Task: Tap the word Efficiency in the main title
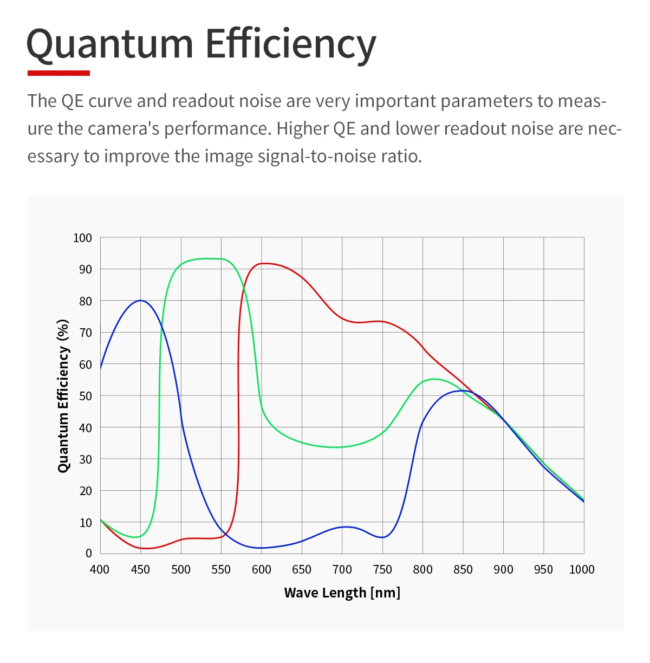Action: click(290, 44)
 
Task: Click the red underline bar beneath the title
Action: click(58, 73)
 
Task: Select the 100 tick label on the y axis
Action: click(82, 238)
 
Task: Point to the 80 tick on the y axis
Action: click(86, 301)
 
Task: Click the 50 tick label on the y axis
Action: click(86, 396)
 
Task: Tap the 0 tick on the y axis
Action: click(88, 553)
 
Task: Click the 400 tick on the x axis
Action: click(100, 569)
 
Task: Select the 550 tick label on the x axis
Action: click(221, 569)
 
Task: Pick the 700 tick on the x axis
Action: click(342, 569)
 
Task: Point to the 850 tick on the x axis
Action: click(463, 569)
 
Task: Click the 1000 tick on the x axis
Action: click(582, 569)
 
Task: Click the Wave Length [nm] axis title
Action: click(342, 593)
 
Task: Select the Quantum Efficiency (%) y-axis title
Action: click(63, 396)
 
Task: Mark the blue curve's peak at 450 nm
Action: click(141, 300)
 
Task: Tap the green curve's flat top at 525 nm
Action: click(201, 259)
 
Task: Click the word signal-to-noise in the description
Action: click(310, 156)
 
